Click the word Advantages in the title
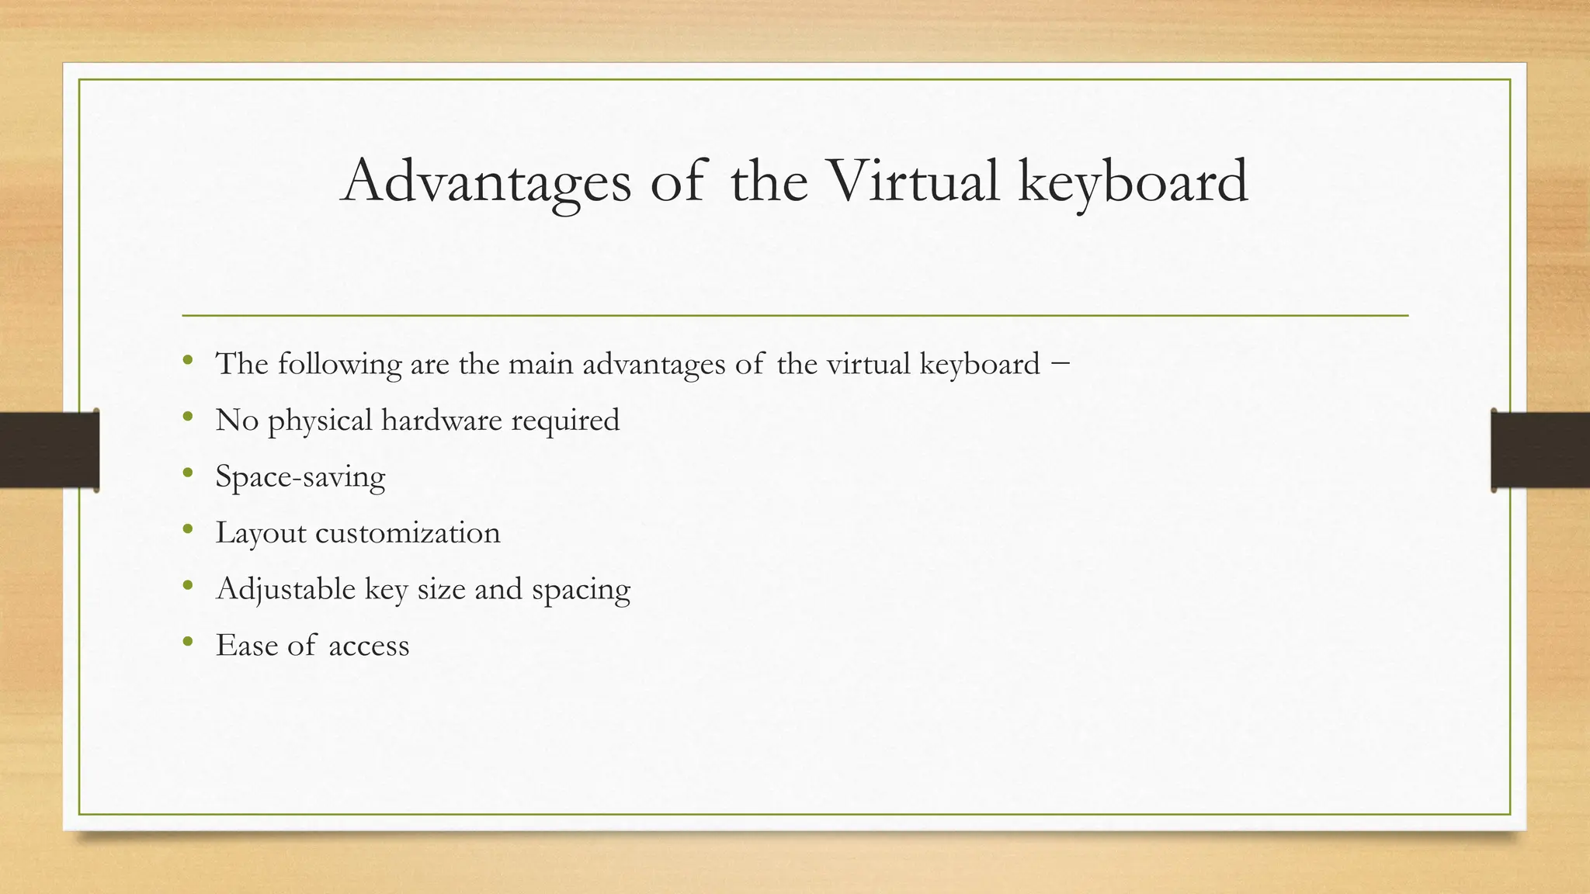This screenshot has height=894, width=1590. (x=486, y=182)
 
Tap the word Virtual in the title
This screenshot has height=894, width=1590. (x=912, y=182)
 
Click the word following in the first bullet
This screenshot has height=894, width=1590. (x=339, y=364)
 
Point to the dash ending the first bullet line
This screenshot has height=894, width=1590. (x=1061, y=362)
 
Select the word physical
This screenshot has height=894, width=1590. (x=320, y=421)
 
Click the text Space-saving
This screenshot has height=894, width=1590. (x=300, y=477)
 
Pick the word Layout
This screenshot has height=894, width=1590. (x=261, y=534)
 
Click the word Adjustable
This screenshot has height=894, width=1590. (x=286, y=589)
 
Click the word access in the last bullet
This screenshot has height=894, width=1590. (x=369, y=646)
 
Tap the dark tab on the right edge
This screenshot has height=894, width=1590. (x=1540, y=450)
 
